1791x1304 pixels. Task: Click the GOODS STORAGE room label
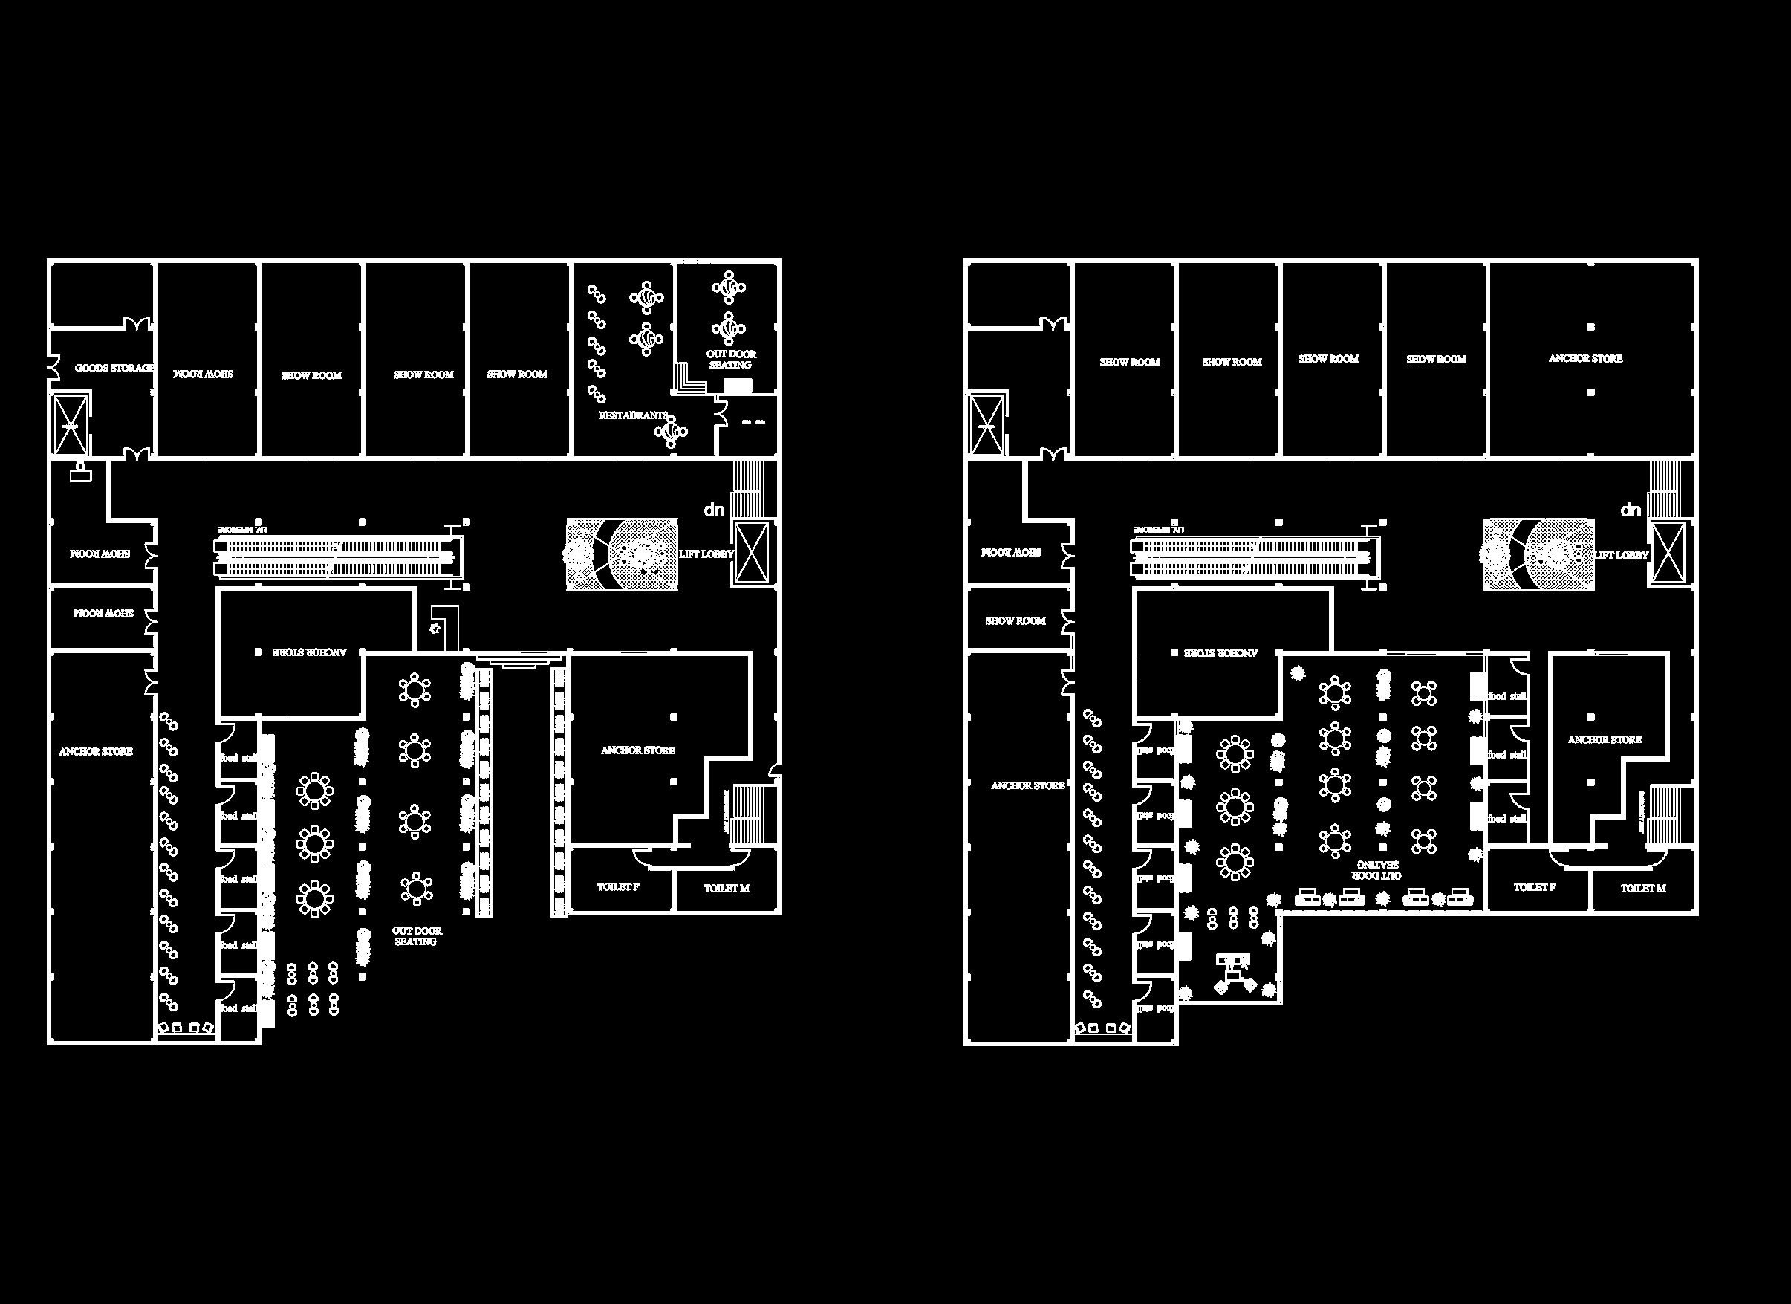(114, 368)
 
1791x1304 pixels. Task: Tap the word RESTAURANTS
(633, 415)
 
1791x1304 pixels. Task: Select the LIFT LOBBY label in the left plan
(706, 554)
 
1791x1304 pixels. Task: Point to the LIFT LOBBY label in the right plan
(1621, 554)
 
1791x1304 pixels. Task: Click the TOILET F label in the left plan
(618, 887)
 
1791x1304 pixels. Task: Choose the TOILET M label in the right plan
(1643, 888)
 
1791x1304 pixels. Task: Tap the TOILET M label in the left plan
(727, 888)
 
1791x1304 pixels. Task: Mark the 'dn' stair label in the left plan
(714, 510)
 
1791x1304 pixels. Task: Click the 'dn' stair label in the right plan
(1631, 510)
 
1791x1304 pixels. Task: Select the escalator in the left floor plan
(338, 555)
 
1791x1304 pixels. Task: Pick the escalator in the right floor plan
(1255, 555)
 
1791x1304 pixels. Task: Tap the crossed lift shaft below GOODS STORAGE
(71, 425)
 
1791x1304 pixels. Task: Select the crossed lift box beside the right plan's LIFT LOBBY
(1668, 553)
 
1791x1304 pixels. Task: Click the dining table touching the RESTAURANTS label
(672, 431)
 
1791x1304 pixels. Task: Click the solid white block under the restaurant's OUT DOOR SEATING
(738, 386)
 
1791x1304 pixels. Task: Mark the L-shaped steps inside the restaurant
(689, 379)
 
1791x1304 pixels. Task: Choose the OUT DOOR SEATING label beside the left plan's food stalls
(416, 936)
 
